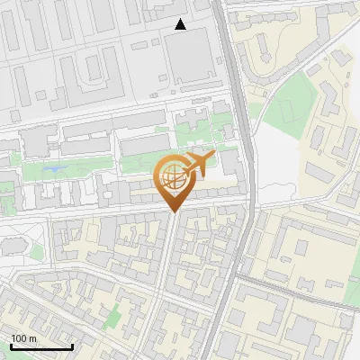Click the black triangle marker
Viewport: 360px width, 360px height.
(x=180, y=24)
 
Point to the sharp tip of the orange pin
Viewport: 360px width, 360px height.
(x=172, y=212)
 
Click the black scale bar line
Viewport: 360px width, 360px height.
(x=41, y=347)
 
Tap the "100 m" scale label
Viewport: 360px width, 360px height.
(x=23, y=338)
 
